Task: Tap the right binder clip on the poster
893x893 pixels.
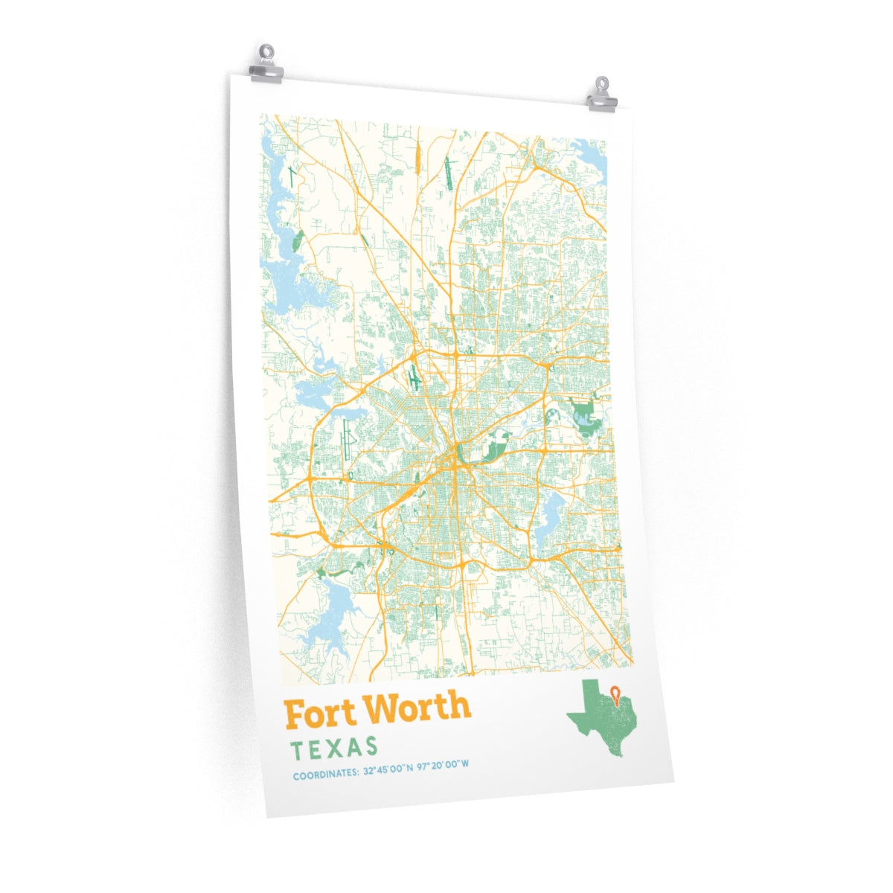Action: [x=601, y=95]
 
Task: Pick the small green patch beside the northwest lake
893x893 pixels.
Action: [x=298, y=240]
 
